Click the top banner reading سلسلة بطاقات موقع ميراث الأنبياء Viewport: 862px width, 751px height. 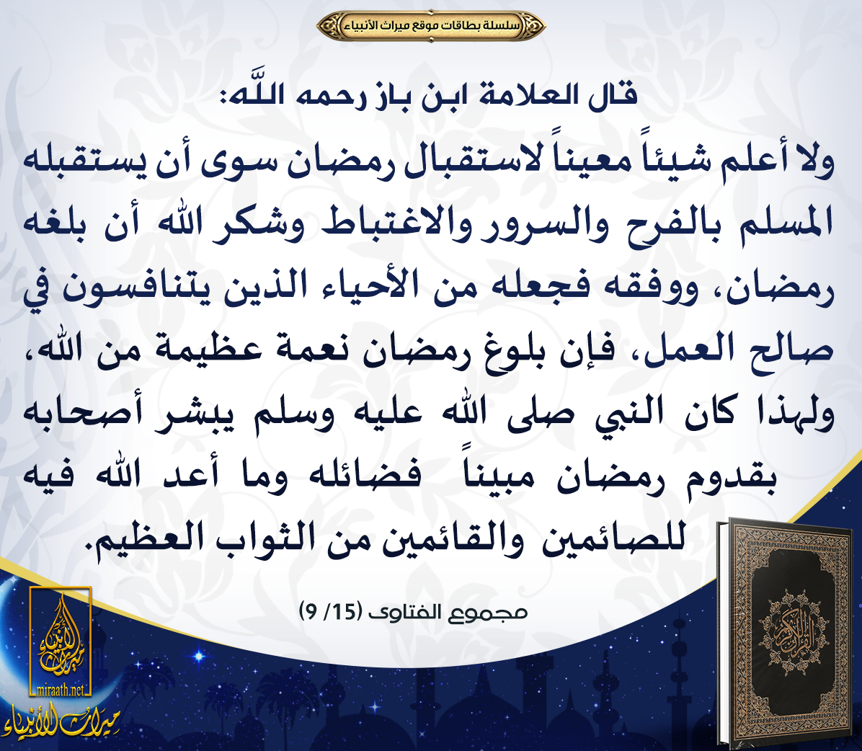tap(431, 25)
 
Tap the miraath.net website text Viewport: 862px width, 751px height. tap(60, 690)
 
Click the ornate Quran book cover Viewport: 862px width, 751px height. tap(787, 632)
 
